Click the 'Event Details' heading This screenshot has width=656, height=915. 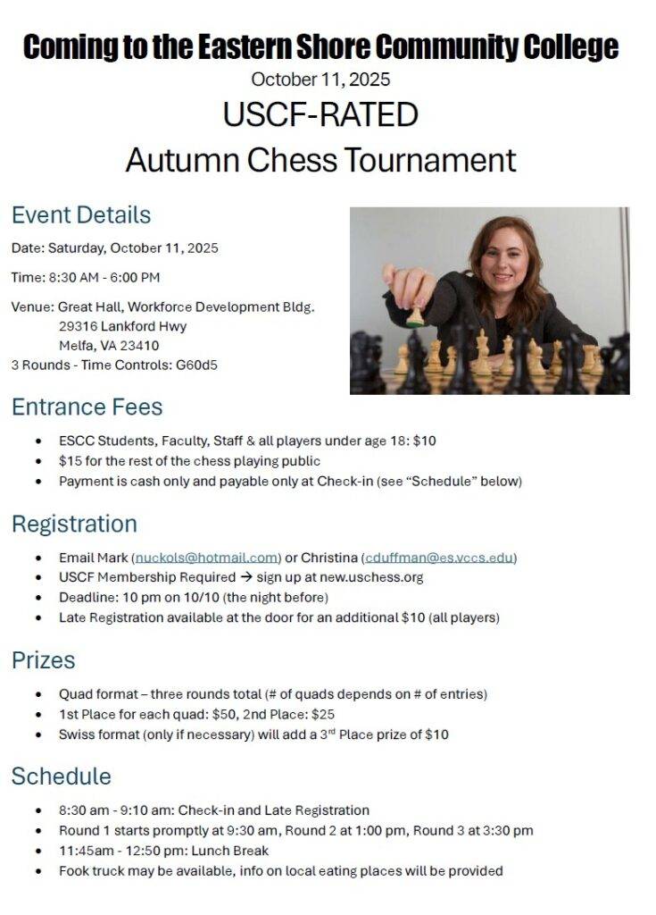(81, 215)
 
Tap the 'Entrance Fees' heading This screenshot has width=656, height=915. (87, 407)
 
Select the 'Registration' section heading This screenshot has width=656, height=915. (74, 524)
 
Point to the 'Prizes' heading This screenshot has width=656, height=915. (43, 660)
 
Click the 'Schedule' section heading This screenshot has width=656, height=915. (61, 776)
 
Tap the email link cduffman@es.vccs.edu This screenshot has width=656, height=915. (440, 558)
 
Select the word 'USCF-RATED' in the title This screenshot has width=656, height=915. (320, 115)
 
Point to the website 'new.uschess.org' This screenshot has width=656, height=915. (373, 577)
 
